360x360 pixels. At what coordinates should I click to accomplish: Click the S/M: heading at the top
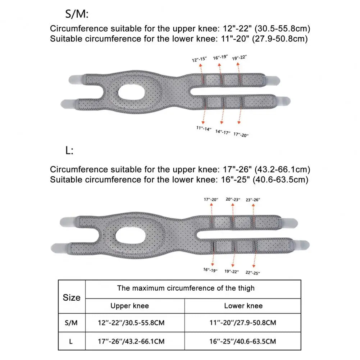pyautogui.click(x=76, y=14)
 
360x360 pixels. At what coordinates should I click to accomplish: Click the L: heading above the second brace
pyautogui.click(x=69, y=151)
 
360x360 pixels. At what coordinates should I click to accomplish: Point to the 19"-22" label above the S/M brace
pyautogui.click(x=240, y=57)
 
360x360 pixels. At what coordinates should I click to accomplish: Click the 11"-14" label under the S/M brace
pyautogui.click(x=204, y=128)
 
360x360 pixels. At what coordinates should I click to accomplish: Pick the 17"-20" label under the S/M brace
pyautogui.click(x=241, y=134)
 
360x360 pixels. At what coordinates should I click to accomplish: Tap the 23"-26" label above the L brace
pyautogui.click(x=253, y=200)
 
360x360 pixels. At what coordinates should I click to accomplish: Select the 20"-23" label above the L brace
pyautogui.click(x=233, y=199)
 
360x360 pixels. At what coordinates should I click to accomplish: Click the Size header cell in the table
pyautogui.click(x=72, y=297)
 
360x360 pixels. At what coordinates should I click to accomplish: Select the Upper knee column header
pyautogui.click(x=129, y=306)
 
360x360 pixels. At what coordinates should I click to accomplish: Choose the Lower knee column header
pyautogui.click(x=243, y=306)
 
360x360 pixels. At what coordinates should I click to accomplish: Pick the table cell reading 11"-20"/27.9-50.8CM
pyautogui.click(x=243, y=323)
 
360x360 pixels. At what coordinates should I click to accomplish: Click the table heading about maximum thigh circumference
pyautogui.click(x=186, y=288)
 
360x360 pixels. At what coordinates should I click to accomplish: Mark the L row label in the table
pyautogui.click(x=71, y=341)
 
